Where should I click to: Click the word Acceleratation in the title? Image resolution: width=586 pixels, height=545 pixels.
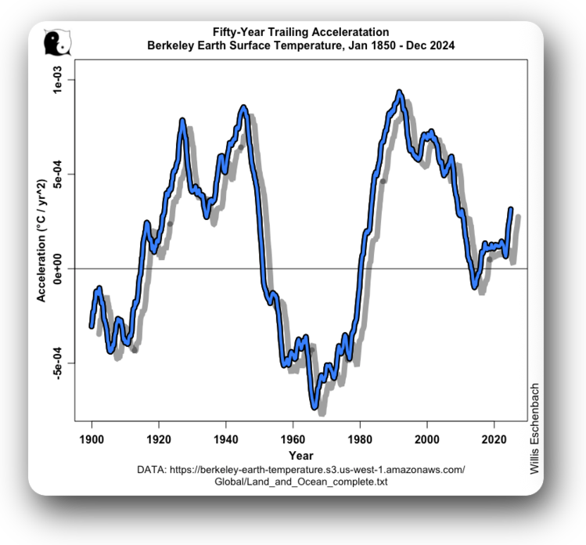[x=345, y=33]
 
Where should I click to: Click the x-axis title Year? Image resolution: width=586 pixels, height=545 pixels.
[x=300, y=455]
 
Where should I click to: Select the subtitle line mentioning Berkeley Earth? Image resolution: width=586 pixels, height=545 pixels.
[x=300, y=46]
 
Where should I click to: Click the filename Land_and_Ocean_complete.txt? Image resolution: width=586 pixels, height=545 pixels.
[x=300, y=482]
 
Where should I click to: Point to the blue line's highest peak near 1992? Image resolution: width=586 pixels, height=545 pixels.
[x=400, y=92]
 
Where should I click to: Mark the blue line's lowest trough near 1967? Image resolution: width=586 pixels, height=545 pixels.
[x=315, y=407]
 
